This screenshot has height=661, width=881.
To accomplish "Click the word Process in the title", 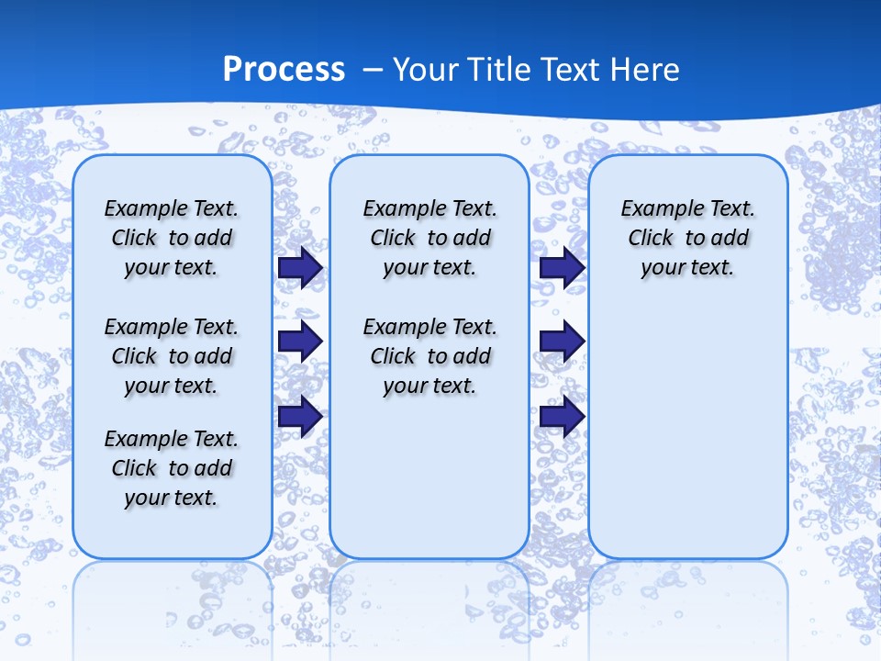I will coord(284,70).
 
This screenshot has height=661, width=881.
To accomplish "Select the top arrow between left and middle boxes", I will coord(300,267).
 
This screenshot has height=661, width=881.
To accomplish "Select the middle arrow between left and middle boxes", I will coord(300,342).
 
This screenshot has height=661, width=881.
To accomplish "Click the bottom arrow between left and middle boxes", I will coord(300,416).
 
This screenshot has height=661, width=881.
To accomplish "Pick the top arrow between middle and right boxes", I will coord(562,267).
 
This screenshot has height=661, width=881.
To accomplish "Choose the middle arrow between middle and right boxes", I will coord(562,342).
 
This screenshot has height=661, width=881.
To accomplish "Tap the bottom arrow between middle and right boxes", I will coord(562,416).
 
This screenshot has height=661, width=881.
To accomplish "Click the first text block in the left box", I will coord(172,238).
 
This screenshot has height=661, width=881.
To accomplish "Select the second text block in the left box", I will coord(172,356).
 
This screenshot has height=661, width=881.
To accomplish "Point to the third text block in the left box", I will coord(172,468).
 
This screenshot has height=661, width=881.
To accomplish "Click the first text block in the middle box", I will coord(429,238).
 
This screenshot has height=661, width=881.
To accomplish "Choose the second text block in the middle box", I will coord(429,356).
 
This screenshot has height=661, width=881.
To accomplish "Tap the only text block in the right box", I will coord(687,238).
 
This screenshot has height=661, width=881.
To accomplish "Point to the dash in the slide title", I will coord(373,70).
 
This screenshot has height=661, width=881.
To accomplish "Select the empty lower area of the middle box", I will coord(429,477).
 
